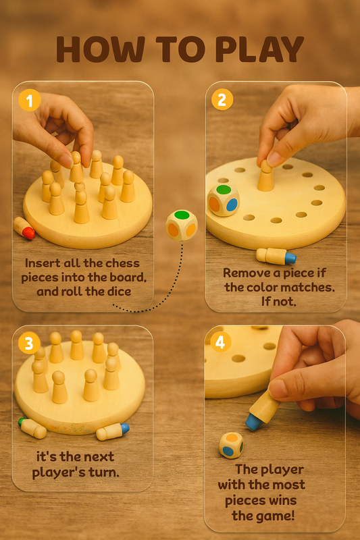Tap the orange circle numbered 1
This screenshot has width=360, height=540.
(x=28, y=101)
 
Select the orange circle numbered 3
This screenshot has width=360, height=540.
(x=28, y=344)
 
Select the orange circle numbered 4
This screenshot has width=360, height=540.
(x=220, y=344)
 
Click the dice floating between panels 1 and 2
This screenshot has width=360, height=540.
(x=181, y=225)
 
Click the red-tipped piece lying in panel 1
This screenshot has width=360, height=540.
(x=24, y=228)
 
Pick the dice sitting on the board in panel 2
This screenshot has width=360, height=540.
(x=223, y=200)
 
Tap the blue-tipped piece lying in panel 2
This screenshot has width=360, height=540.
(x=276, y=256)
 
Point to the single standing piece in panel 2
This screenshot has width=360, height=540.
(x=266, y=175)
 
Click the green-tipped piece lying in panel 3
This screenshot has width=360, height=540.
(x=32, y=427)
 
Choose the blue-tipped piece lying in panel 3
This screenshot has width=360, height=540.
(x=112, y=431)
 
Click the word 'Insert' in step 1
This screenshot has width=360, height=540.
(x=43, y=263)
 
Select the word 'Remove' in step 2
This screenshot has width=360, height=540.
(x=245, y=273)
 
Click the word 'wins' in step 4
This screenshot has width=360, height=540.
(x=290, y=500)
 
